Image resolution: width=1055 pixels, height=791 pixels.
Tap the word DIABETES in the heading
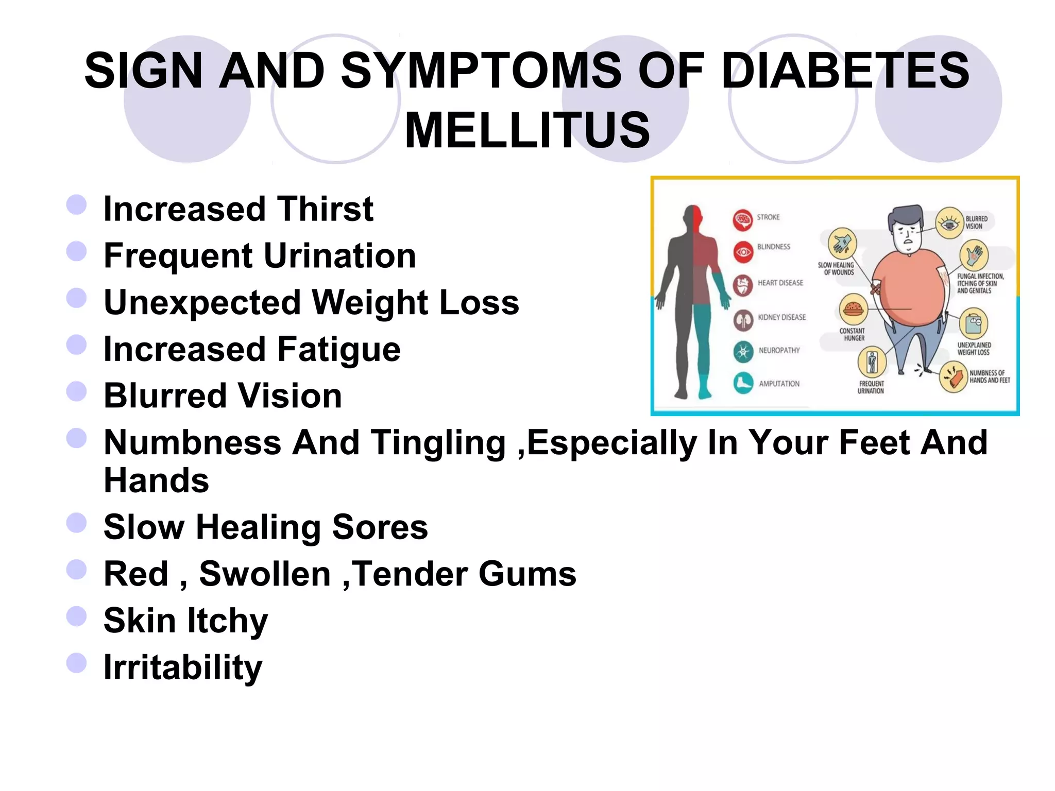[x=845, y=71]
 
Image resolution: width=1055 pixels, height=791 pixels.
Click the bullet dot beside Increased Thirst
[x=76, y=204]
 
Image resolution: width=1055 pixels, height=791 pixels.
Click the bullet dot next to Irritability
[x=76, y=663]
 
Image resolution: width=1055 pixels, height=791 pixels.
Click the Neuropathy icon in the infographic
[x=743, y=352]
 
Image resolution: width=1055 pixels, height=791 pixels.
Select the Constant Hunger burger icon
[x=853, y=309]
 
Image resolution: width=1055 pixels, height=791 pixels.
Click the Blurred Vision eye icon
[x=949, y=223]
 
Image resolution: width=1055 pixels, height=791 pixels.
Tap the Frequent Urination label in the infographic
[x=871, y=387]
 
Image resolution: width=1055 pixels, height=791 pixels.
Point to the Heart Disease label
[x=780, y=283]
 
